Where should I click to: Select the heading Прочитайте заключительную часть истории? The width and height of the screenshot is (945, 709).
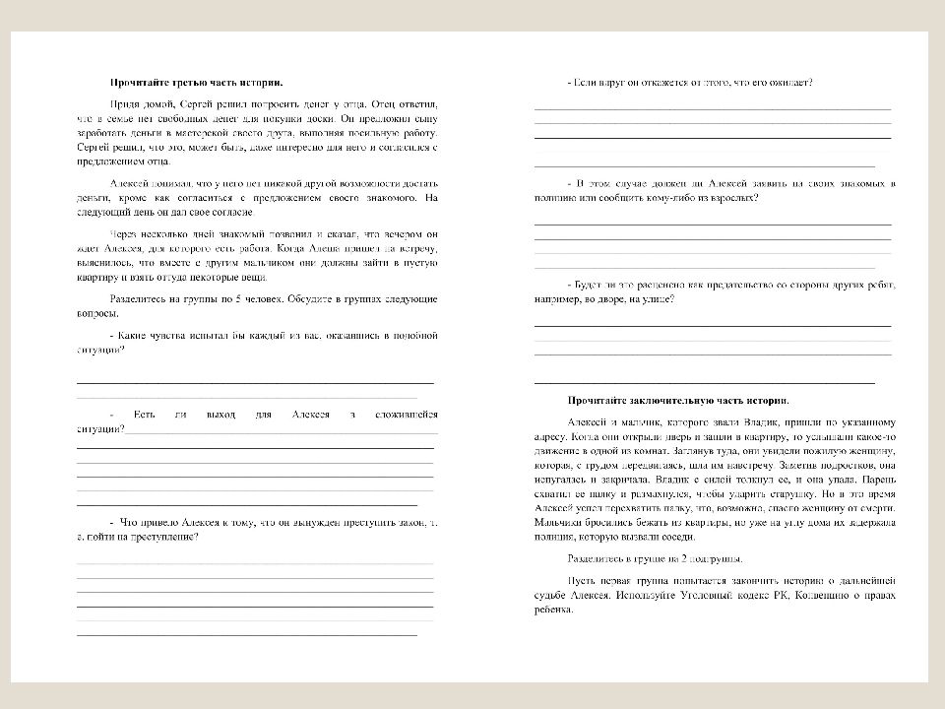pyautogui.click(x=677, y=401)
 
